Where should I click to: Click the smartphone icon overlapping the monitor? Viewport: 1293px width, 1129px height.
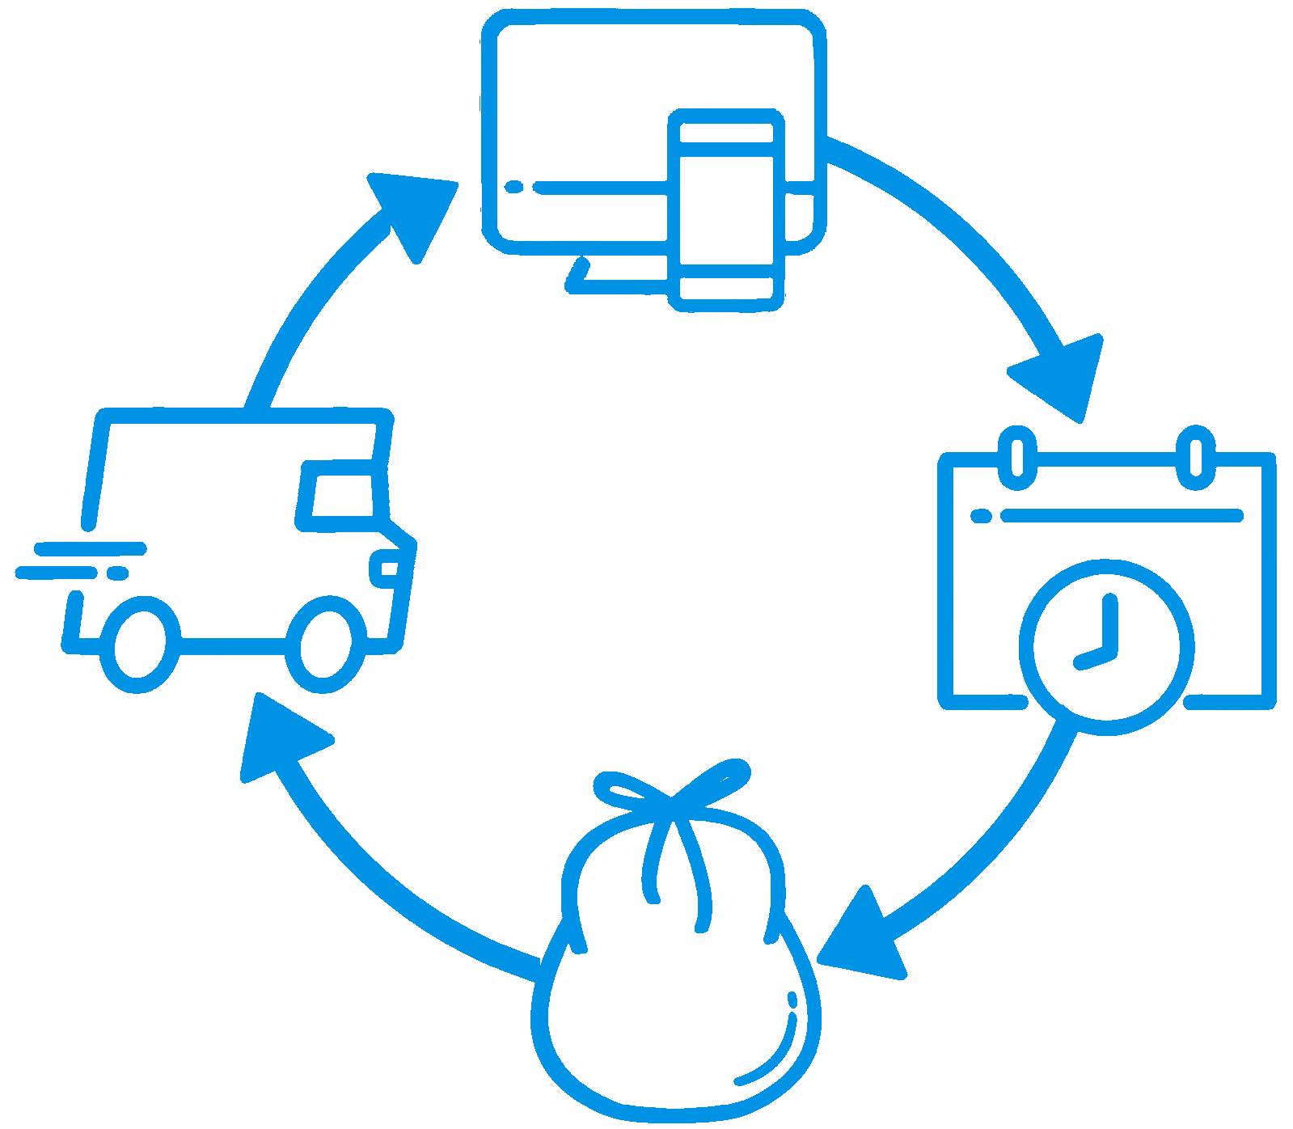coord(726,210)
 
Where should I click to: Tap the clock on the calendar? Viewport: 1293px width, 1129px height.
coord(1106,647)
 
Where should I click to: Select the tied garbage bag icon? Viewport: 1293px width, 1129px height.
coord(675,970)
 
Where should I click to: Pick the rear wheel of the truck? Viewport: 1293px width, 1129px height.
coord(139,645)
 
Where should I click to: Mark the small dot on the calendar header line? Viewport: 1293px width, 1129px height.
coord(981,516)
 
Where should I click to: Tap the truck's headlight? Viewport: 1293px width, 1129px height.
coord(386,568)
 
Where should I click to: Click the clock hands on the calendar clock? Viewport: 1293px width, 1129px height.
coord(1103,639)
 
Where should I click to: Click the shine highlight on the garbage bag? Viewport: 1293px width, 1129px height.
coord(776,1051)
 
